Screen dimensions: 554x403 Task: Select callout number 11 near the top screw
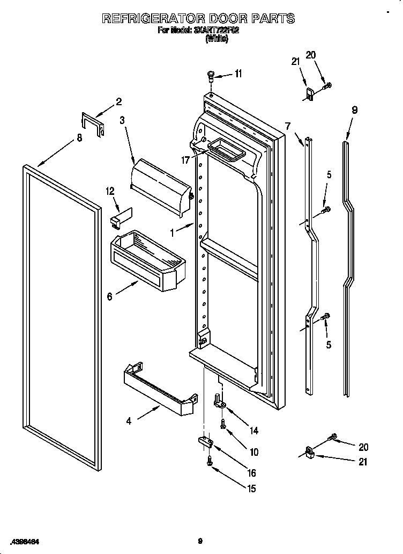[x=238, y=74]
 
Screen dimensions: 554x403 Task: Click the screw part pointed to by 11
[x=211, y=76]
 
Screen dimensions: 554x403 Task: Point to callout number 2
[x=118, y=101]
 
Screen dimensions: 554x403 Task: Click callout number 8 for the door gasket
[x=79, y=138]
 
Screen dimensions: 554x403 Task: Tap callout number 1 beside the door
[x=171, y=233]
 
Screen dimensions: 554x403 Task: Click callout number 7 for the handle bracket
[x=288, y=126]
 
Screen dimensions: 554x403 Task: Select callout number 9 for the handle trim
[x=354, y=110]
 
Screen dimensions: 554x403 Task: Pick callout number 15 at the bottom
[x=251, y=489]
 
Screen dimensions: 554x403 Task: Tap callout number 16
[x=251, y=473]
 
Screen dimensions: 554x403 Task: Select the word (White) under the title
[x=217, y=39]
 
